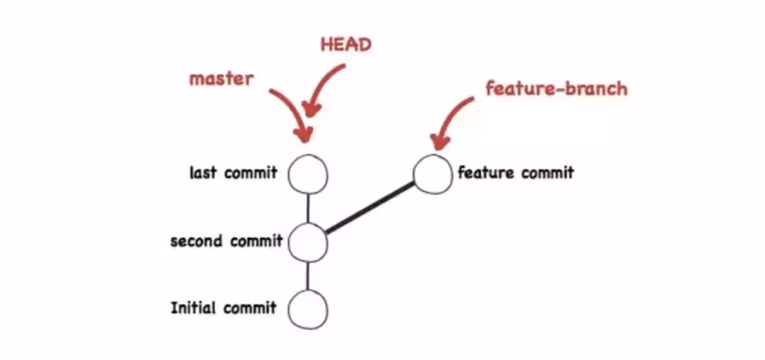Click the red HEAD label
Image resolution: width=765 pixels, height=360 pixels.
pyautogui.click(x=346, y=45)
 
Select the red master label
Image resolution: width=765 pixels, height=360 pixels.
pyautogui.click(x=221, y=78)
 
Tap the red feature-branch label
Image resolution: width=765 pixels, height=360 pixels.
pyautogui.click(x=556, y=89)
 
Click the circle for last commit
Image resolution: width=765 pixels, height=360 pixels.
pyautogui.click(x=308, y=174)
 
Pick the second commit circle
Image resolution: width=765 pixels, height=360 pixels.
pyautogui.click(x=308, y=242)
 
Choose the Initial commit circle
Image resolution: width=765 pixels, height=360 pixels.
pyautogui.click(x=308, y=310)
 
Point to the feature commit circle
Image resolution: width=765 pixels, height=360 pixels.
pyautogui.click(x=432, y=174)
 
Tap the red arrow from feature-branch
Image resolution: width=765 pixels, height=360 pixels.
pyautogui.click(x=450, y=120)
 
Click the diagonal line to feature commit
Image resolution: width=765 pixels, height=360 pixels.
pyautogui.click(x=370, y=208)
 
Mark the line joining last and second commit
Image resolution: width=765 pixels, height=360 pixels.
pyautogui.click(x=308, y=208)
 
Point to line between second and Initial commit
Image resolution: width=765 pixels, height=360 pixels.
pyautogui.click(x=308, y=276)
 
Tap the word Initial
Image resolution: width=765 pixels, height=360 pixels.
pyautogui.click(x=193, y=308)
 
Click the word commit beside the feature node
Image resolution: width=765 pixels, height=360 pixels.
pyautogui.click(x=547, y=172)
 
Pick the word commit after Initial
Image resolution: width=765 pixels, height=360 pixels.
pyautogui.click(x=249, y=308)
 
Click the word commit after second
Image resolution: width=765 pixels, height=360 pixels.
pyautogui.click(x=256, y=241)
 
